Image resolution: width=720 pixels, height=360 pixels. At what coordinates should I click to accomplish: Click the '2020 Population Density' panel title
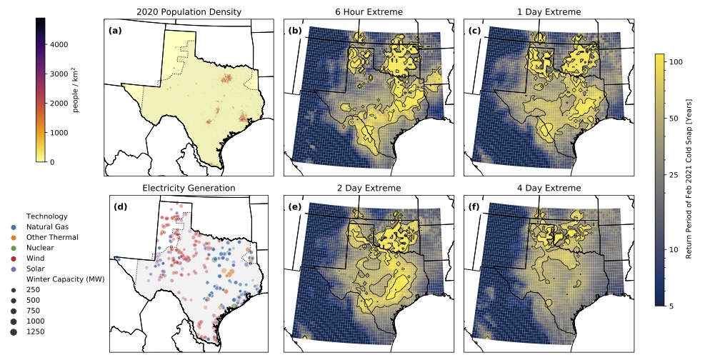point(189,12)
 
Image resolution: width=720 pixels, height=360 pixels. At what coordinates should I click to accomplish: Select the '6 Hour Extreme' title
point(369,12)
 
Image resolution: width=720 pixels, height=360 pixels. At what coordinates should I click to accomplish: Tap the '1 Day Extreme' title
point(549,12)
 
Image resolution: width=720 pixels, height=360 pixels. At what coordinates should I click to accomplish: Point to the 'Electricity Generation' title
point(189,188)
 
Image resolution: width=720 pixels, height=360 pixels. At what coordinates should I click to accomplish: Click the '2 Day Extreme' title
point(369,188)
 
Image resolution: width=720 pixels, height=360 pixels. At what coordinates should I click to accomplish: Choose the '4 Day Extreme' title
point(549,188)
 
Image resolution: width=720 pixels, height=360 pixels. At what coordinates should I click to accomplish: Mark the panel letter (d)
point(121,207)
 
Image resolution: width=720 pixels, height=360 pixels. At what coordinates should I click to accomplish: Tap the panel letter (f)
point(474,207)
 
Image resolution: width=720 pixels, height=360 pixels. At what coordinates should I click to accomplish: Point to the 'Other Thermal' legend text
point(52,237)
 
